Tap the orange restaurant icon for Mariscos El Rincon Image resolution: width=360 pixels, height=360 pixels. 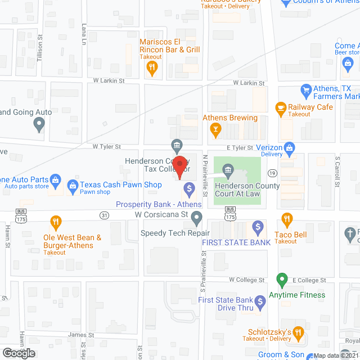pyautogui.click(x=151, y=69)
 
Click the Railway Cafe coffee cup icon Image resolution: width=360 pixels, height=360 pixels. pyautogui.click(x=280, y=107)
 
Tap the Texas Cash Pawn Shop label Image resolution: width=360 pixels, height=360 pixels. pyautogui.click(x=120, y=184)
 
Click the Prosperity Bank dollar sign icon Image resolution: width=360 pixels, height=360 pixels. pyautogui.click(x=190, y=189)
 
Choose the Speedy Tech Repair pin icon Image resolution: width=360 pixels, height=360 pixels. pyautogui.click(x=196, y=217)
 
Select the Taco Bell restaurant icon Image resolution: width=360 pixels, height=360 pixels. pyautogui.click(x=286, y=219)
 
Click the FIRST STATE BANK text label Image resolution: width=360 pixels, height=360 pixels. pyautogui.click(x=236, y=242)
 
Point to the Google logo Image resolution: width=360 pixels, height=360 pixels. pyautogui.click(x=18, y=353)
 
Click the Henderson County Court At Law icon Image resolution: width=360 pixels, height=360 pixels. pyautogui.click(x=228, y=169)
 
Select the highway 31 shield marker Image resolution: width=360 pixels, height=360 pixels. pyautogui.click(x=104, y=215)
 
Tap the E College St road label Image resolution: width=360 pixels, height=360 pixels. pyautogui.click(x=309, y=280)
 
